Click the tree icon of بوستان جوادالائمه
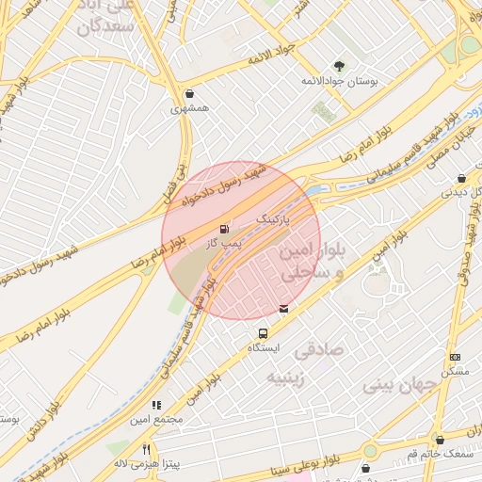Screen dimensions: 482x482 point(339,66)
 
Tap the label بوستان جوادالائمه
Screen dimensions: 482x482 point(339,82)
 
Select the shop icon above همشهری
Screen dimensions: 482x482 point(192,93)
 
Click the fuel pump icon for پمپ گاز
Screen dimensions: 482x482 point(224,229)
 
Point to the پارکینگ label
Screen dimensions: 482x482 point(274,217)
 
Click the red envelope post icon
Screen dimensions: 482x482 point(284,307)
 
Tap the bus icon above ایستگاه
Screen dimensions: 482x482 point(263,332)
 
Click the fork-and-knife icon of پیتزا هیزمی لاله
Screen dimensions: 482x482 point(146,449)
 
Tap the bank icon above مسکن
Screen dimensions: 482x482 point(455,357)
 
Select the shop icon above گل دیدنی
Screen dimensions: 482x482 point(461,177)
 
